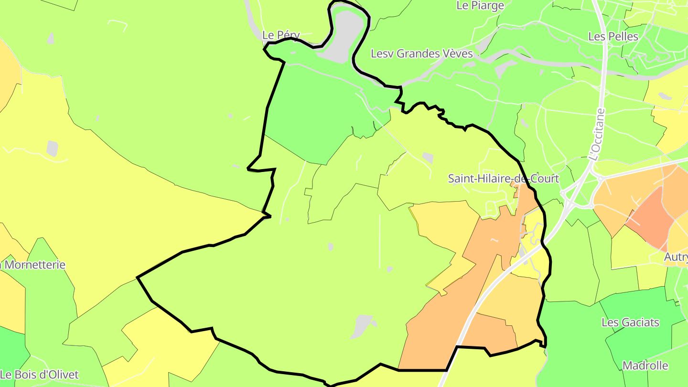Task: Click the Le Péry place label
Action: pyautogui.click(x=281, y=35)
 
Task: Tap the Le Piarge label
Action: pyautogui.click(x=480, y=6)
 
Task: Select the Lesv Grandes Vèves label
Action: pyautogui.click(x=422, y=54)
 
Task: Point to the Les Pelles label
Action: pyautogui.click(x=613, y=36)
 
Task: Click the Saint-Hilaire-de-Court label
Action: pyautogui.click(x=503, y=179)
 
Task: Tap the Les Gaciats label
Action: pyautogui.click(x=630, y=322)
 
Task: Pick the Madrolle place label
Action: pyautogui.click(x=645, y=366)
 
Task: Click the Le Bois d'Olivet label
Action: pyautogui.click(x=39, y=375)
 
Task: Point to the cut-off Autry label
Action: pyautogui.click(x=676, y=258)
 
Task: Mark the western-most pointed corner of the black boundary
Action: pyautogui.click(x=138, y=277)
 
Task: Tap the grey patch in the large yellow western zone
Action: pyautogui.click(x=52, y=149)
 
